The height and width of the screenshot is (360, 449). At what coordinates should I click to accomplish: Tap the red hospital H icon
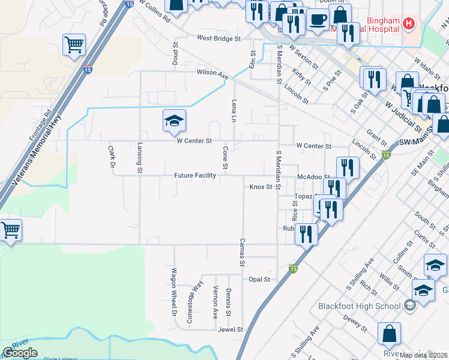pyautogui.click(x=409, y=24)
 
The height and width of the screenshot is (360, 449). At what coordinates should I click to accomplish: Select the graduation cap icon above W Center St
pyautogui.click(x=174, y=121)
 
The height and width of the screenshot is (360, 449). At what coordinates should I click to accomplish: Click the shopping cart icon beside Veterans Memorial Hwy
pyautogui.click(x=74, y=44)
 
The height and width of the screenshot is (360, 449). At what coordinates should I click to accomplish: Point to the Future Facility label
pyautogui.click(x=195, y=176)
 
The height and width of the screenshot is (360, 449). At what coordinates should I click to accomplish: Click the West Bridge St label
pyautogui.click(x=218, y=38)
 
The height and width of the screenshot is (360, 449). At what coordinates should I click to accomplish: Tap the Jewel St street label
pyautogui.click(x=231, y=329)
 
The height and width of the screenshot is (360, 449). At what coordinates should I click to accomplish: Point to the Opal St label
pyautogui.click(x=259, y=279)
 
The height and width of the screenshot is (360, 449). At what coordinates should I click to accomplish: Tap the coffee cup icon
pyautogui.click(x=318, y=20)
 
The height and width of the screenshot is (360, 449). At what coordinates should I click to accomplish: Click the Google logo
pyautogui.click(x=20, y=353)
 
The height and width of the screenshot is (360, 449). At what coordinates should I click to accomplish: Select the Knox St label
pyautogui.click(x=261, y=187)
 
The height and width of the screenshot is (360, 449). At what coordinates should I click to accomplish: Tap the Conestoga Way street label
pyautogui.click(x=194, y=303)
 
